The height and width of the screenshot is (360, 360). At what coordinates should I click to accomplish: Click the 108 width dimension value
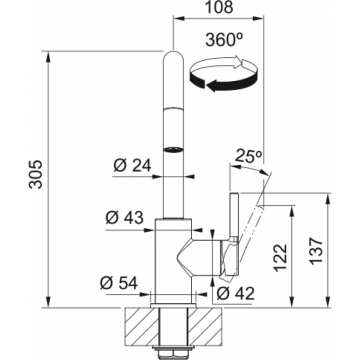219,7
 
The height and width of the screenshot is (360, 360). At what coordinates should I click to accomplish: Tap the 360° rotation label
223,40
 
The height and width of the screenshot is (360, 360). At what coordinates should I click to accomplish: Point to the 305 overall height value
35,174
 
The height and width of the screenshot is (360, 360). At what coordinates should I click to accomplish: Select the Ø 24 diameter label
132,165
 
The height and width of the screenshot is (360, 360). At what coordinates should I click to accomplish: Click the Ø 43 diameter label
124,218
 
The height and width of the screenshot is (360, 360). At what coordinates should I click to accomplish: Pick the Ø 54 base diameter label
119,284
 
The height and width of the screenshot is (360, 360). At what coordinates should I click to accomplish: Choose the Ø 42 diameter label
235,293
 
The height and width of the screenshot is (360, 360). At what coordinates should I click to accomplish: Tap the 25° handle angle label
248,155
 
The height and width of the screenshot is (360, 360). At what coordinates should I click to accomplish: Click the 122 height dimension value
279,257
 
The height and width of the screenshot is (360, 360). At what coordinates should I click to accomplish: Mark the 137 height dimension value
316,252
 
